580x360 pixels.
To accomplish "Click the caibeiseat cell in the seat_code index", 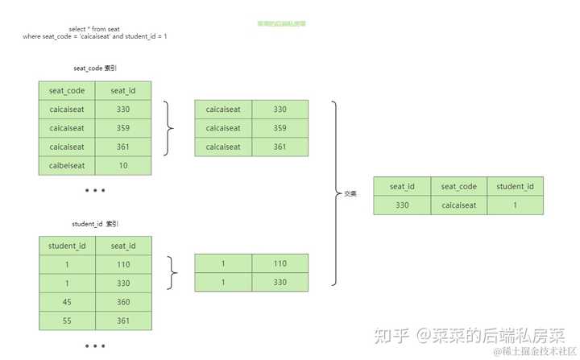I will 67,166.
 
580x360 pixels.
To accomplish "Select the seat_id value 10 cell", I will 123,166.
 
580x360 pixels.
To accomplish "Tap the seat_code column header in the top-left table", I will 67,90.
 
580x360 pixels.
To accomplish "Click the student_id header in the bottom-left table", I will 67,246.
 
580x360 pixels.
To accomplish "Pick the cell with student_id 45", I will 67,302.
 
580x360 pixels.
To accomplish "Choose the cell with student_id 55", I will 67,321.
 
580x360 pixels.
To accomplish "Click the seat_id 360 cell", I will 123,302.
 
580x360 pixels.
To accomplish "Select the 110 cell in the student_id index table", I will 123,264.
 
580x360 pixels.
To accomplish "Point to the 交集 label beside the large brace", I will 350,194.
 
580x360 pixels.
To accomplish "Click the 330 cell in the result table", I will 402,205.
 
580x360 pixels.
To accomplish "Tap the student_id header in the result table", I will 516,186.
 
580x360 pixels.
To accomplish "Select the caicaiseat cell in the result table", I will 459,205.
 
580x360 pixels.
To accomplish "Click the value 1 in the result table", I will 516,205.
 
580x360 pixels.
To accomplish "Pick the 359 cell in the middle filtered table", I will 280,127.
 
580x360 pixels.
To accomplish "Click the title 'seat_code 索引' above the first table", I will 95,69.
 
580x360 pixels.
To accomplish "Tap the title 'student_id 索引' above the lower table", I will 95,224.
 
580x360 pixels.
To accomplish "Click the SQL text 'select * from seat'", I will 94,29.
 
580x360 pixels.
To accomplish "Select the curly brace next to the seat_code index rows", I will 168,128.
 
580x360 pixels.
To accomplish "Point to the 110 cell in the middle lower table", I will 280,263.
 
